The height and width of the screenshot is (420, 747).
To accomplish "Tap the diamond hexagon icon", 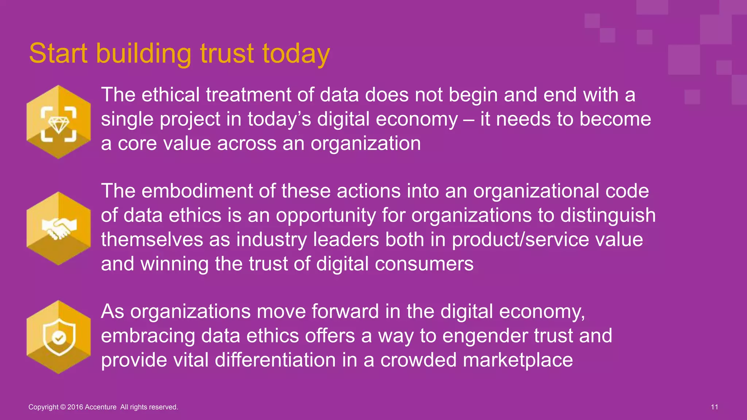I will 58,122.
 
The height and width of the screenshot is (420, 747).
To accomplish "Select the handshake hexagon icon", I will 58,229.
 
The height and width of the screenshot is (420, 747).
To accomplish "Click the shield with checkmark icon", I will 58,337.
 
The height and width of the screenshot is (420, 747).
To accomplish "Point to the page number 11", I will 714,407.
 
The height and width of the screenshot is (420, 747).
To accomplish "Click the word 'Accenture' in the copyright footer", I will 100,407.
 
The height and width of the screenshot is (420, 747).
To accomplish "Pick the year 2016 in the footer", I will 75,407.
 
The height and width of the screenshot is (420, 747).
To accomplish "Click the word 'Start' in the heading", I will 58,54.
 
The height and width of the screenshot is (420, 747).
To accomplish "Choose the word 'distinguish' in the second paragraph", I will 608,215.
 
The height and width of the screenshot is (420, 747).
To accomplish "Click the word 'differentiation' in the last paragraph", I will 275,360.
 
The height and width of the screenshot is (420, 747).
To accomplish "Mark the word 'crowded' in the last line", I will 418,360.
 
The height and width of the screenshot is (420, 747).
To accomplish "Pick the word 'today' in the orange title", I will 296,54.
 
